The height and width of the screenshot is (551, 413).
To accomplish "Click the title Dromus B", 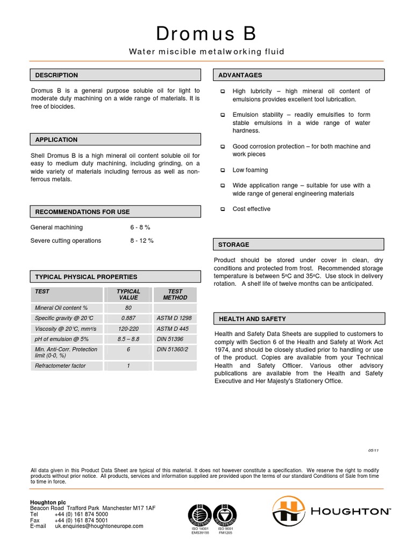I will pyautogui.click(x=206, y=34).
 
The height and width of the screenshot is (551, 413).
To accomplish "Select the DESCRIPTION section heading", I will pyautogui.click(x=56, y=75).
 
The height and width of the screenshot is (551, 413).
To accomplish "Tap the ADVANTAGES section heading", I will pyautogui.click(x=240, y=75).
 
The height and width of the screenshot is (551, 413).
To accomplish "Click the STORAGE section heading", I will pyautogui.click(x=233, y=245).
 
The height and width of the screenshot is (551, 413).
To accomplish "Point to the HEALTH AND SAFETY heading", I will pyautogui.click(x=252, y=319).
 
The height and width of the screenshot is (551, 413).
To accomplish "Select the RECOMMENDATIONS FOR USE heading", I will pyautogui.click(x=82, y=212).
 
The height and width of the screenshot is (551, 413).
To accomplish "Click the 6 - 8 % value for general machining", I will pyautogui.click(x=140, y=228).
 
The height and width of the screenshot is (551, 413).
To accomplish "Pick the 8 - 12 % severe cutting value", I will pyautogui.click(x=141, y=241).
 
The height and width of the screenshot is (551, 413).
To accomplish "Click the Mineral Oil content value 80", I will pyautogui.click(x=129, y=308).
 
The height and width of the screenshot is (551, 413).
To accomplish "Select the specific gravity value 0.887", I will pyautogui.click(x=129, y=319).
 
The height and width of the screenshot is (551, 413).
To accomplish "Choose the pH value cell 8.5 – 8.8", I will pyautogui.click(x=129, y=339).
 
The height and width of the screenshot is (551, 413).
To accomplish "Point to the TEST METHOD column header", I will pyautogui.click(x=175, y=294).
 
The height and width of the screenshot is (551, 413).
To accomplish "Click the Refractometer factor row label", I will pyautogui.click(x=60, y=366).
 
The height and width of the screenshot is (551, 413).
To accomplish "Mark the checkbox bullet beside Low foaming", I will pyautogui.click(x=223, y=170).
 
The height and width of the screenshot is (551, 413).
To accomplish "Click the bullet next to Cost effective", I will pyautogui.click(x=223, y=209).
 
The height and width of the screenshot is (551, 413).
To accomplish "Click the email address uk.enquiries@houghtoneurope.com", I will pyautogui.click(x=99, y=526).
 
